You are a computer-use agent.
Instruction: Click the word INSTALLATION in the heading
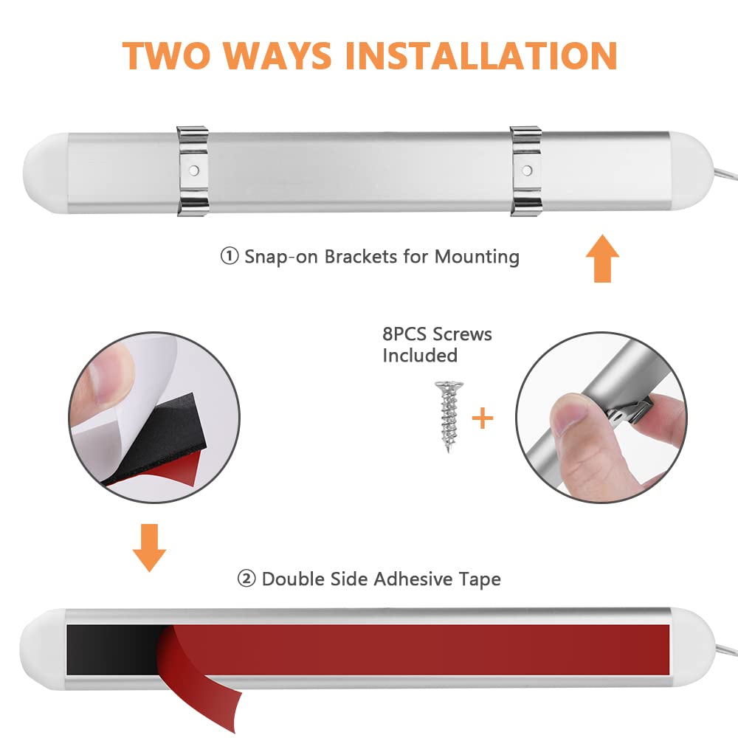coord(481,56)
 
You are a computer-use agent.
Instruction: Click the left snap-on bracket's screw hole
coord(193,170)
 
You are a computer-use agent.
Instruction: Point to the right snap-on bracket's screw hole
coord(527,170)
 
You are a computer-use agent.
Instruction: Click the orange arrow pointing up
coord(602,258)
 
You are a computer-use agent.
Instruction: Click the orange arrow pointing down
coord(149,548)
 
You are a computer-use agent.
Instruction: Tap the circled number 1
coord(230,257)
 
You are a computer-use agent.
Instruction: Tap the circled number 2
coord(246,579)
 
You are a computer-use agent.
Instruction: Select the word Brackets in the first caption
coord(361,257)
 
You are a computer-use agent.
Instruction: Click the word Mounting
coord(477,258)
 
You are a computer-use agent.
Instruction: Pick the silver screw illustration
coord(449,416)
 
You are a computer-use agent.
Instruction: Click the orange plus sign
coord(483,418)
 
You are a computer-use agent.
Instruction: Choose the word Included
coord(420,356)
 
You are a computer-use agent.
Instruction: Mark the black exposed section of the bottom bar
coord(112,649)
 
